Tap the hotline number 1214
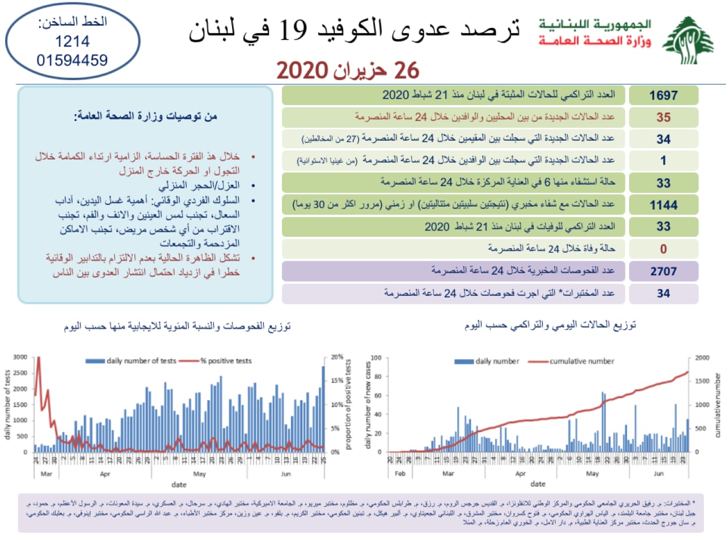pos(72,41)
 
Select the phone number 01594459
pos(72,60)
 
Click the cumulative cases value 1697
pos(663,95)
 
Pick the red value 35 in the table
pos(663,118)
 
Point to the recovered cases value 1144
pos(663,205)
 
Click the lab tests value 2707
pos(663,271)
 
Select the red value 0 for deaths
pos(663,249)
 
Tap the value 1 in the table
pos(663,161)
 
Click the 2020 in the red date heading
pos(302,71)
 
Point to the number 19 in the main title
pos(293,30)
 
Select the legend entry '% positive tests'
pos(226,361)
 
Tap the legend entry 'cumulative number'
pos(581,361)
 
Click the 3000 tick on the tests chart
pos(20,357)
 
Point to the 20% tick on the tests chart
pos(337,357)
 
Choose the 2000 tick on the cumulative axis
pos(702,358)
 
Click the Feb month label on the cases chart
pos(400,473)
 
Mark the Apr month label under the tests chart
pos(105,473)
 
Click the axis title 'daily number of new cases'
pos(368,404)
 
